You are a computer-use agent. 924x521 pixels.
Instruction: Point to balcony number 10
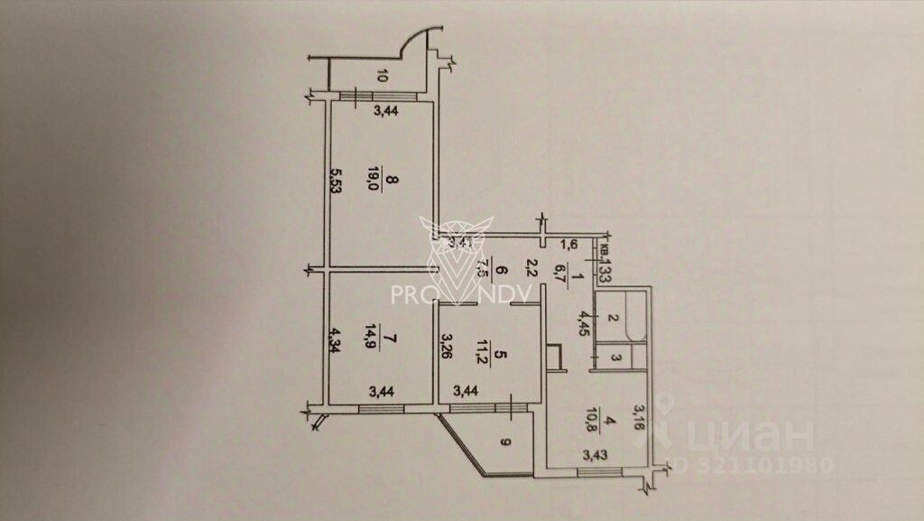[x=382, y=76]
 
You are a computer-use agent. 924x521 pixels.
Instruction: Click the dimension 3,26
[x=446, y=348]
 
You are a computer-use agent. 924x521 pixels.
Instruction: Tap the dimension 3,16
[x=639, y=420]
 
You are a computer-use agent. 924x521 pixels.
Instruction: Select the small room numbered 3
[x=615, y=359]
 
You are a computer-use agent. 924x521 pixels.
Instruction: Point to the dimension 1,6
[x=568, y=244]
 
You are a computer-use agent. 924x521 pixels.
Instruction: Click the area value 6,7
[x=560, y=269]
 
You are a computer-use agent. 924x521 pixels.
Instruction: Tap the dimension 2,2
[x=532, y=268]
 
